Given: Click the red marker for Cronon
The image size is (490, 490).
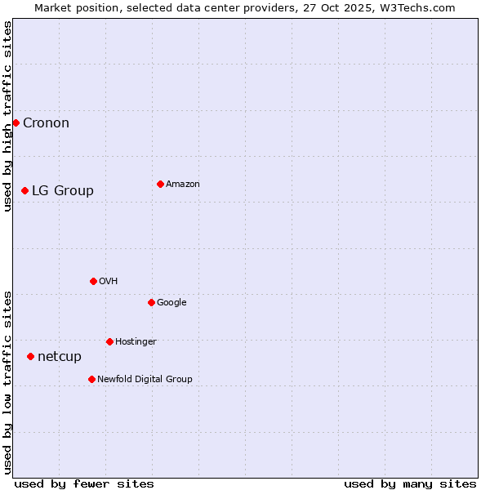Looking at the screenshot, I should pos(16,122).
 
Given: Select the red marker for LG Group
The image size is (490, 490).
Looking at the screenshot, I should pos(24,190).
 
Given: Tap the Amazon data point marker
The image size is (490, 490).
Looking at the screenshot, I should pos(160,184).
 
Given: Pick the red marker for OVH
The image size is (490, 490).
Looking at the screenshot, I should pos(93,281).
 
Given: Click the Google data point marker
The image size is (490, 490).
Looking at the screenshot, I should pos(151,302).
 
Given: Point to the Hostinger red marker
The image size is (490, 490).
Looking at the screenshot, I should pos(109,341).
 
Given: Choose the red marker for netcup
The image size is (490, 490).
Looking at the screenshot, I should pos(30,356).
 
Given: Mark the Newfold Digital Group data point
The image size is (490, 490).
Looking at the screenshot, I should pos(91,379).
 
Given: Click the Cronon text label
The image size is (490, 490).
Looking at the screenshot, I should pos(46,123).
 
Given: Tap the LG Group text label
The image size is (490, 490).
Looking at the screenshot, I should pos(63,191).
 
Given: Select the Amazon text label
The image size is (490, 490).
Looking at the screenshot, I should pos(183,185).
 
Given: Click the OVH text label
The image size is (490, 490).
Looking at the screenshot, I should pos(109,282).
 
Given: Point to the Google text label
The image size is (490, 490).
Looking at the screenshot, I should pos(171,303).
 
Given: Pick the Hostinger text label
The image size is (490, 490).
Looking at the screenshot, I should pos(136,342).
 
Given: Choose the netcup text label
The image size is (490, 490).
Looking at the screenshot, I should pos(60,357).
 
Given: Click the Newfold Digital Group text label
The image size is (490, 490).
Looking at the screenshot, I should pos(145,380).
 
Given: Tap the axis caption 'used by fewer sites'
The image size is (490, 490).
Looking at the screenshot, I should pos(84,483).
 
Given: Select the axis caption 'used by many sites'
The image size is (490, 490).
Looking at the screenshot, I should pos(410,483).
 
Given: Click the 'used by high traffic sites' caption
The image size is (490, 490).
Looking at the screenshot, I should pos(8,116).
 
